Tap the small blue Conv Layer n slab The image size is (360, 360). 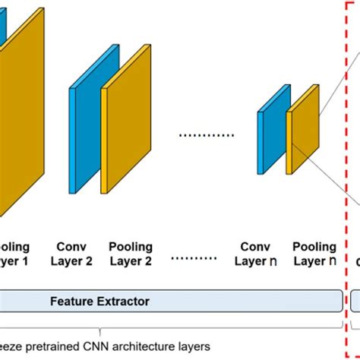[x=267, y=132]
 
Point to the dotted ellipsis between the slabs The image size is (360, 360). [x=206, y=135]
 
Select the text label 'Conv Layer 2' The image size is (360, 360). [x=74, y=254]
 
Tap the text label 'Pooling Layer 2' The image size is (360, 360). [x=131, y=254]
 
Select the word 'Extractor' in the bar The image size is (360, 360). [x=123, y=302]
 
